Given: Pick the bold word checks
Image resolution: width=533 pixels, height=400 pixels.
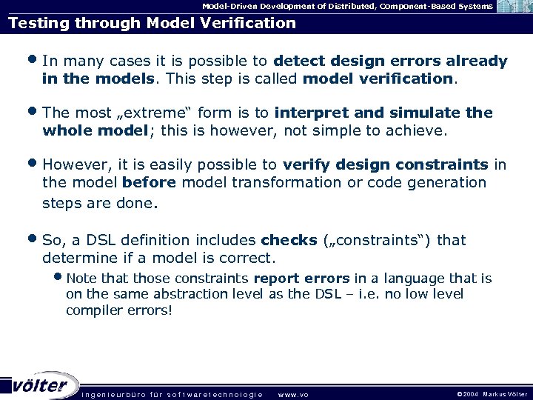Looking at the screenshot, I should point(289,241).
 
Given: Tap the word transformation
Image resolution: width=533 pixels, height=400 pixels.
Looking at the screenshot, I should point(278,183).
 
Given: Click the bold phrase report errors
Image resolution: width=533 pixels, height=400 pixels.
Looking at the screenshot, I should point(301,279).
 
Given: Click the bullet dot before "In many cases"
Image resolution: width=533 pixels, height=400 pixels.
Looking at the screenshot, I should point(34,60).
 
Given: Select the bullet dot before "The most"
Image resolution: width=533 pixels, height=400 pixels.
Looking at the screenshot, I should point(34,113).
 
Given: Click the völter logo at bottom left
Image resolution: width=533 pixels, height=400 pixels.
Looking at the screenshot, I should point(41,384).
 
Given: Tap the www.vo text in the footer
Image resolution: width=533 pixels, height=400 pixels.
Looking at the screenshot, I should point(292,394).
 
